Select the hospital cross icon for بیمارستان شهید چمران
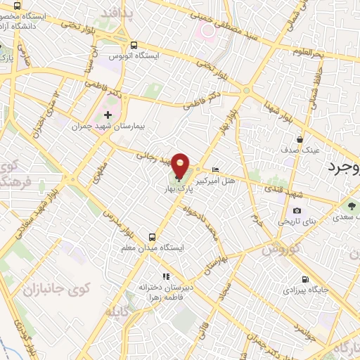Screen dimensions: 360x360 pos(107,115)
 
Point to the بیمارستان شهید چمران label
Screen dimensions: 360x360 pos(108,127)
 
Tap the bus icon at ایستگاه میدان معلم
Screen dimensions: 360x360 pos(153,236)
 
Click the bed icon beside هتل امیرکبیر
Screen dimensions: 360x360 pos(216,169)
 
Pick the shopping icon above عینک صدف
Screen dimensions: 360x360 pos(301,139)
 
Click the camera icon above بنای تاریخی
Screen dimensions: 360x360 pos(297,210)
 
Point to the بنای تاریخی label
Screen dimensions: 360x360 pos(297,221)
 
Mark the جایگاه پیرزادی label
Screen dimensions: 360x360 pos(304,290)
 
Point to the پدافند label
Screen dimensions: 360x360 pos(116,13)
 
